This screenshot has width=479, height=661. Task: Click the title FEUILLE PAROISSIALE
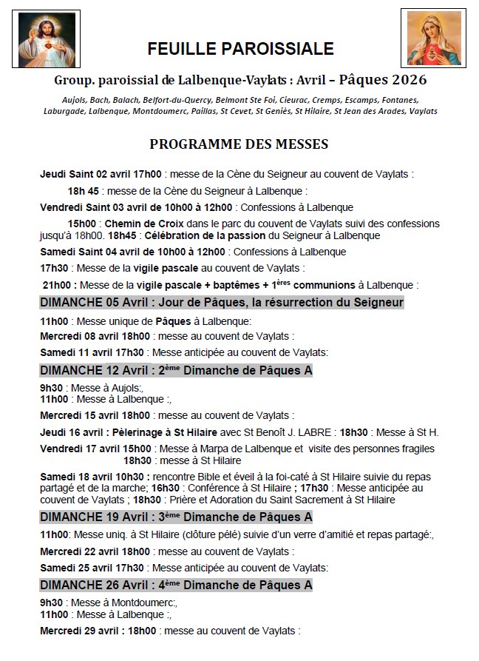pyautogui.click(x=240, y=50)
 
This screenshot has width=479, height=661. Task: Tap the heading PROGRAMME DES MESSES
pyautogui.click(x=239, y=144)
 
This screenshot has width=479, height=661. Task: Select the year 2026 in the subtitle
pyautogui.click(x=410, y=79)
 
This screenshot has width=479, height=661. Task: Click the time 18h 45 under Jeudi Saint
pyautogui.click(x=84, y=191)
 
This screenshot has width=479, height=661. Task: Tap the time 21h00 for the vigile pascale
pyautogui.click(x=56, y=285)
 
